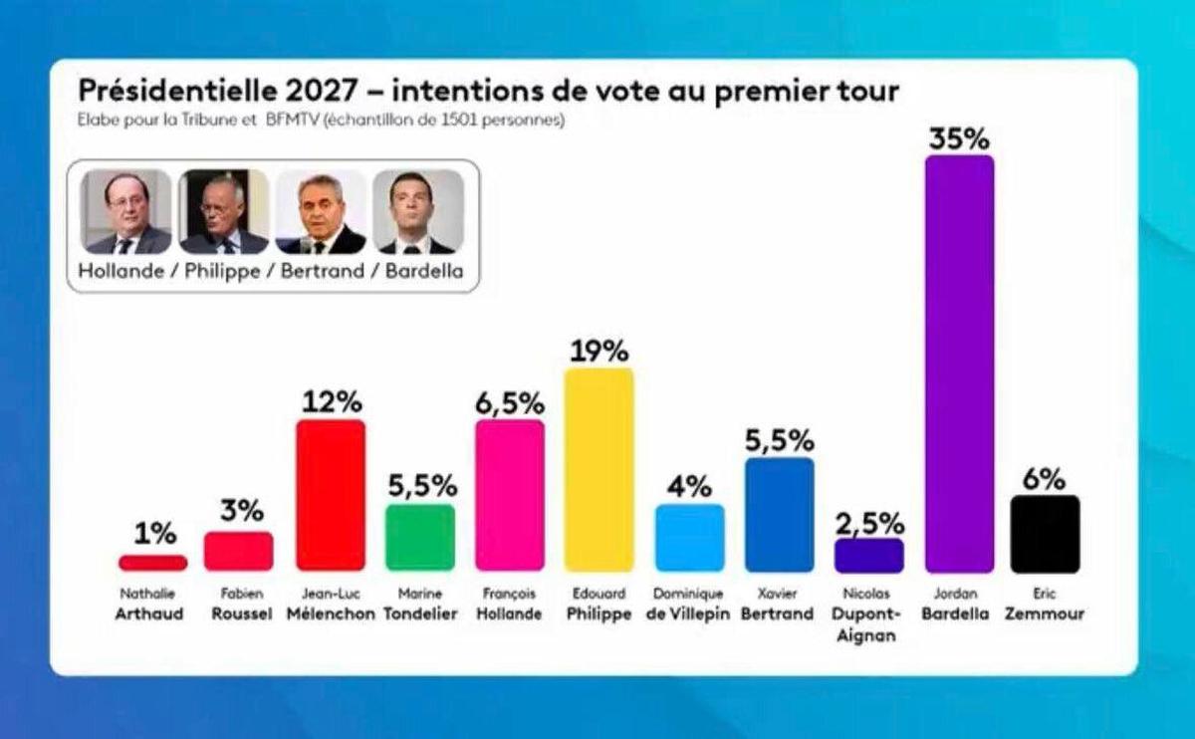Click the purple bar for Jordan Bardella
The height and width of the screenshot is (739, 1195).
[x=959, y=364]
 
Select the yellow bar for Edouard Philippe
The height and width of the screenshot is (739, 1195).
[x=598, y=469]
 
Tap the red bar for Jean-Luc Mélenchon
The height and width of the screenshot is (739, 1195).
[x=331, y=495]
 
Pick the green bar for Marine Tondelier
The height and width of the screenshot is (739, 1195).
[x=419, y=537]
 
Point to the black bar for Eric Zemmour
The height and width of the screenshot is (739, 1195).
[x=1045, y=534]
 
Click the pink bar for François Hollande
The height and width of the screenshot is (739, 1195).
[x=510, y=495]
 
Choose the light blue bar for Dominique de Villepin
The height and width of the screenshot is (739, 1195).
[x=689, y=537]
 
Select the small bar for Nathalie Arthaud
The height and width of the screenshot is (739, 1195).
[x=152, y=563]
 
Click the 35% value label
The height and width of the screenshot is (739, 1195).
[x=959, y=138]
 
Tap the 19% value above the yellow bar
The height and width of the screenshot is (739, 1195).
[x=598, y=351]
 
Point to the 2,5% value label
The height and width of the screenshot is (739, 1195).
[x=869, y=523]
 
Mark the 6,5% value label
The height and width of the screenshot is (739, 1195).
[x=510, y=403]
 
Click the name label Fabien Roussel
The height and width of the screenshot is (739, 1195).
[x=241, y=605]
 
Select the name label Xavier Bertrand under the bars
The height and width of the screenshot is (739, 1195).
[x=778, y=605]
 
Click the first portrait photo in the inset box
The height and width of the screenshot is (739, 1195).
[x=125, y=211]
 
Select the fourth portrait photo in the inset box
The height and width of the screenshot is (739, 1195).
[x=417, y=211]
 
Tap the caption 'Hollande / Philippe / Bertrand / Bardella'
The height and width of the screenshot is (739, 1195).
[x=272, y=271]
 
